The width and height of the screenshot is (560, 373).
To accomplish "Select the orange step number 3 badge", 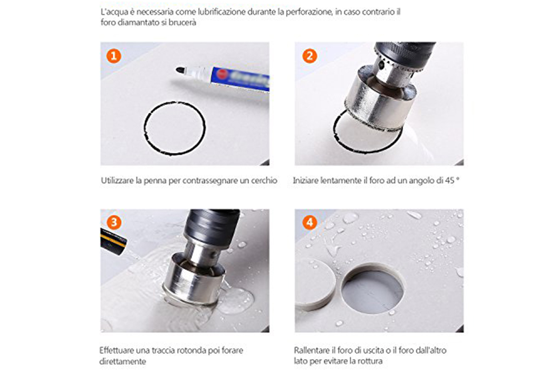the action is click(x=114, y=223).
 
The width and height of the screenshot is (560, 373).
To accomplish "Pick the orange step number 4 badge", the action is click(x=310, y=223).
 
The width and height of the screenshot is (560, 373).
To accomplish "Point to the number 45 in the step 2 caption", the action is click(x=450, y=180).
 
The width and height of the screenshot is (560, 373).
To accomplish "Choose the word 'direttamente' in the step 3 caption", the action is click(x=122, y=361).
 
